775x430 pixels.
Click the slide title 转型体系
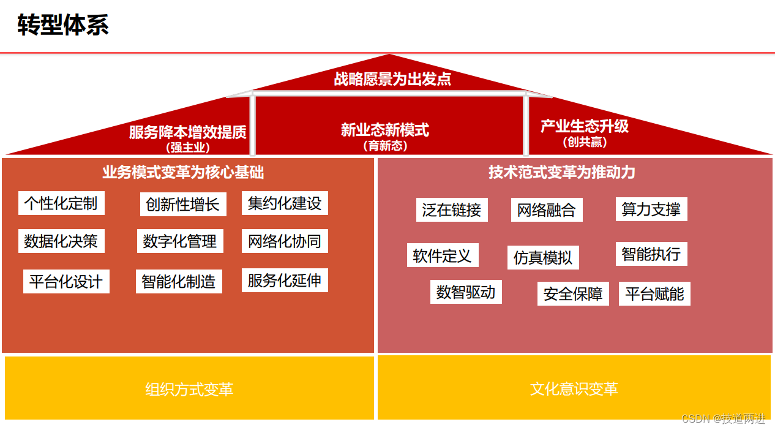64,26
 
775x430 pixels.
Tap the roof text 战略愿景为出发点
392,79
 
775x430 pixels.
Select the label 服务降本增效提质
187,132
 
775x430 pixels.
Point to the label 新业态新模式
385,130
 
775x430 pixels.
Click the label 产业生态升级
585,126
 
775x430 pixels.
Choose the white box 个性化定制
61,203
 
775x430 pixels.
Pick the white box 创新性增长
183,205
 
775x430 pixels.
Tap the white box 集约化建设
285,203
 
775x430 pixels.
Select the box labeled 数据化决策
61,241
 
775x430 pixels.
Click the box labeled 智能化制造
179,282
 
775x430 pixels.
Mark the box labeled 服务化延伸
285,281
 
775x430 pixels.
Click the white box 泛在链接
452,210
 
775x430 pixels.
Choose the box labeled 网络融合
547,210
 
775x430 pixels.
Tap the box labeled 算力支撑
651,209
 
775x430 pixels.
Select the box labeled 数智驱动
466,292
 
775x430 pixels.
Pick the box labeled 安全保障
573,294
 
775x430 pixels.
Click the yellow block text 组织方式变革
189,389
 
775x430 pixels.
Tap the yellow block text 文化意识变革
574,389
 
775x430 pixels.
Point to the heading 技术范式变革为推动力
562,173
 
